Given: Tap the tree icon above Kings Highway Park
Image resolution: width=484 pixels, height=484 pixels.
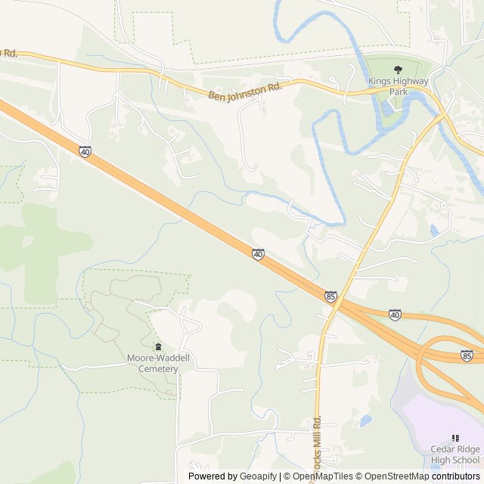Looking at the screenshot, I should (398, 70).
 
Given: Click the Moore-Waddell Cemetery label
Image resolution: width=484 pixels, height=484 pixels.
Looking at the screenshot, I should (152, 364).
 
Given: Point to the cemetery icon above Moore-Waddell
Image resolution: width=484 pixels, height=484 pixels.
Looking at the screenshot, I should (157, 346).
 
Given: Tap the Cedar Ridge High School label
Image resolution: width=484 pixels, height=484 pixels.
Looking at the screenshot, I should (455, 454).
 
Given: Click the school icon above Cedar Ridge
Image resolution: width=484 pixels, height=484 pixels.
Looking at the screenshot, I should (455, 438).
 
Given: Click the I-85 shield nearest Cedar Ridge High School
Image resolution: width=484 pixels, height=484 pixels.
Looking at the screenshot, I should (467, 355).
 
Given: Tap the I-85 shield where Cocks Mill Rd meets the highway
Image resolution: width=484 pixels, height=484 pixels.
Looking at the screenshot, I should (331, 296).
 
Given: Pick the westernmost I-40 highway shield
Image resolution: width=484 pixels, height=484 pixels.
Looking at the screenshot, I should (85, 152).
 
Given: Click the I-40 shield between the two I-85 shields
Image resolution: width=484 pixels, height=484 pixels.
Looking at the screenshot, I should (395, 313).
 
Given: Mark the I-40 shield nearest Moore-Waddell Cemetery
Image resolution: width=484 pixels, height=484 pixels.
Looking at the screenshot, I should (259, 255).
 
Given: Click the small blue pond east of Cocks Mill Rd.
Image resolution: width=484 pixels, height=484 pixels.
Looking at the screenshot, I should (366, 420).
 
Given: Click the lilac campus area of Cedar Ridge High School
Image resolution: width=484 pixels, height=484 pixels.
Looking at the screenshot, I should (439, 412).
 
